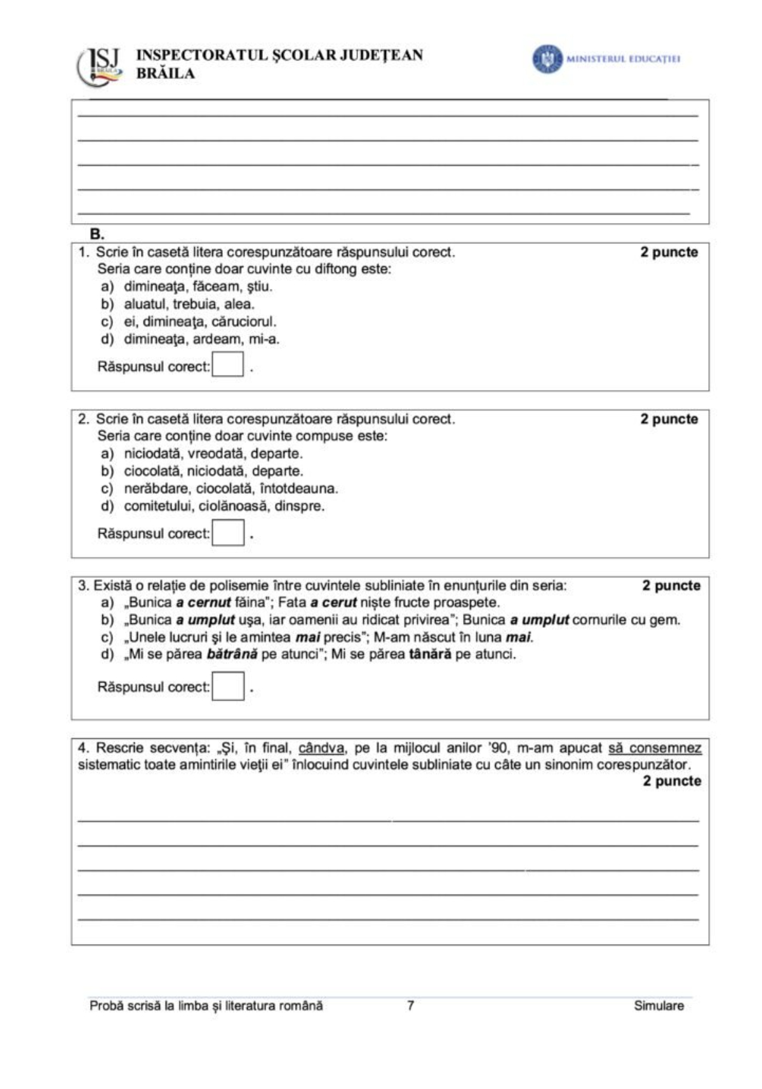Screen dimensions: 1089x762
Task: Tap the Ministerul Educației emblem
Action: (547, 59)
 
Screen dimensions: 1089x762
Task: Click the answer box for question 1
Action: (228, 365)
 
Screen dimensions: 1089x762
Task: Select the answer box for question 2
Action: (228, 532)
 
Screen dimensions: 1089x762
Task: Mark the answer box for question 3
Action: (228, 686)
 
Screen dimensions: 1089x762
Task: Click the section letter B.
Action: (97, 234)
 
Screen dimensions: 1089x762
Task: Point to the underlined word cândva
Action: (321, 748)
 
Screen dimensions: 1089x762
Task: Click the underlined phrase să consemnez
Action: (655, 748)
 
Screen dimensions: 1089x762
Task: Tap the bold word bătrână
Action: (232, 654)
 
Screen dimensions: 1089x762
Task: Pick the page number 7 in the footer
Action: (411, 1005)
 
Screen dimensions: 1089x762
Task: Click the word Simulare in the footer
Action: (658, 1006)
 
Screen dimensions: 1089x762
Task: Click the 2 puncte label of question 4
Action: (671, 781)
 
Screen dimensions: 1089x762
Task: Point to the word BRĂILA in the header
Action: (166, 74)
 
